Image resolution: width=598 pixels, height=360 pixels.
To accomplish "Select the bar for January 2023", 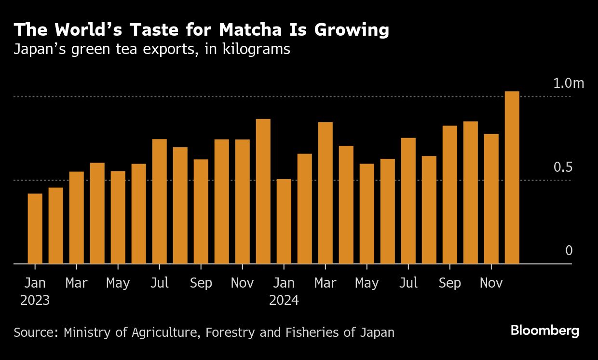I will coord(35,229).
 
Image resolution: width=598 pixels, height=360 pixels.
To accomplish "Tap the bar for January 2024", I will coord(284,222).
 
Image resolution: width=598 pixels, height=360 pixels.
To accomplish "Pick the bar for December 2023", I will coord(263,192).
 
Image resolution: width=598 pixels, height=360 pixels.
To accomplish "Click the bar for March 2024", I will coord(325,193).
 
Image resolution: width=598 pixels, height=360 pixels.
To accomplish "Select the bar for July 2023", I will coord(159,202).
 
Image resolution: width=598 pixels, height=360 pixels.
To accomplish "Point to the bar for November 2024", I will coord(491,199).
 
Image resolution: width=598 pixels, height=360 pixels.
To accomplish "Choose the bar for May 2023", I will coord(118,218).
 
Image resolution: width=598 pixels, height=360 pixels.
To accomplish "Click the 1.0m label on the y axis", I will coord(568,83).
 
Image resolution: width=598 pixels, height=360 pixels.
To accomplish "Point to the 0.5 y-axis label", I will coord(562,167).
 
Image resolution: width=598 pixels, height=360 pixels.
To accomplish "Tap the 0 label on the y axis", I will coord(569,251).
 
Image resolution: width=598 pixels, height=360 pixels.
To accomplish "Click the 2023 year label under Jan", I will coord(35,301).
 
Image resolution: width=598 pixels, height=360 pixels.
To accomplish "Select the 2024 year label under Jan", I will coord(284,301).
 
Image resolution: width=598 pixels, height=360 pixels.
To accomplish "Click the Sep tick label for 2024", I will coord(449,283).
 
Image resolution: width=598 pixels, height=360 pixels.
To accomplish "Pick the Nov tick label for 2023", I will coord(242,283).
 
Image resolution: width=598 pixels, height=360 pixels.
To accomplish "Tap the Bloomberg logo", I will coord(544,331).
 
